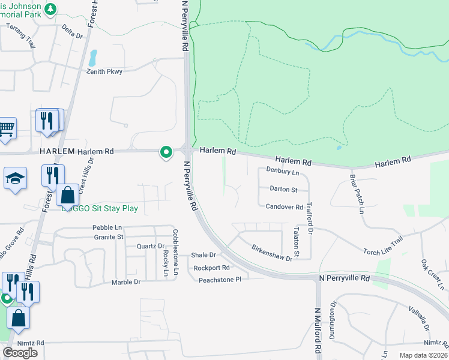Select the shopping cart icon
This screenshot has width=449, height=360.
pos(7,127)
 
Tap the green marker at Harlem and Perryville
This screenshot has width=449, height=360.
pos(165,153)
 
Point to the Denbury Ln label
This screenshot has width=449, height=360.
pos(282,173)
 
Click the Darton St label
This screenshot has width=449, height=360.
pos(283,190)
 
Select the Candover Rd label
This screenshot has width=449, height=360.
pos(285,207)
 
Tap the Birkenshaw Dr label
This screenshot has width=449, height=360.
pos(271,253)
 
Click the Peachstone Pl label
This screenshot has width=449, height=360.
pos(220,280)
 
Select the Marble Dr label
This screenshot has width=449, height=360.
pos(126,282)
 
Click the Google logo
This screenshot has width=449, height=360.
pos(20,353)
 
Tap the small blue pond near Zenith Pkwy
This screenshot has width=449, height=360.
pos(93,58)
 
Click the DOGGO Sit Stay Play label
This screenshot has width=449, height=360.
pos(100,209)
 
